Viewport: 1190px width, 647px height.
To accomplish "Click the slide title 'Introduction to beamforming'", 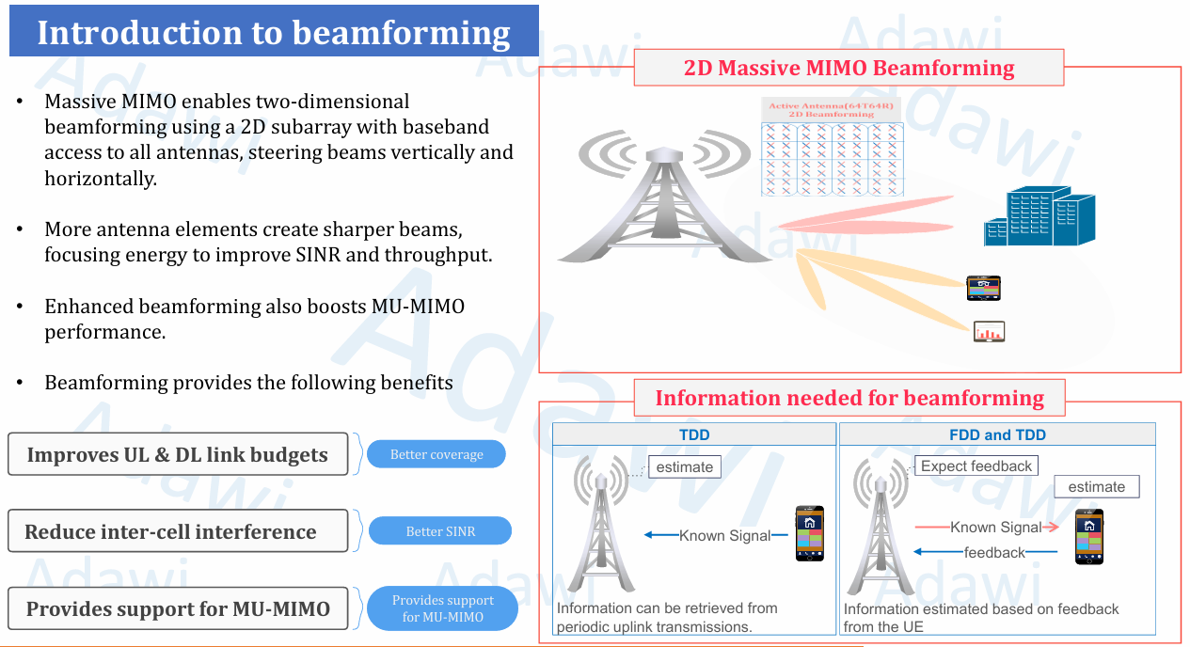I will (x=274, y=32).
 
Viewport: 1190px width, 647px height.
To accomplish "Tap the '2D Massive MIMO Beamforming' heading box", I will (x=849, y=69).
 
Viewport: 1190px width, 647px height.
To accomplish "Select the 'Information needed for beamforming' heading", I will (x=849, y=398).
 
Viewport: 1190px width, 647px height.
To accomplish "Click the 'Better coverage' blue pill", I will (x=436, y=454).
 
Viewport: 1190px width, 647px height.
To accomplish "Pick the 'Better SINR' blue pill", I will (x=440, y=531).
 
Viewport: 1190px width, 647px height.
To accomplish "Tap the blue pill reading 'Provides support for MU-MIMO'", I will (x=442, y=608).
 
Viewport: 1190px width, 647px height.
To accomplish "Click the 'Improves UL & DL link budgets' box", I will (x=177, y=455).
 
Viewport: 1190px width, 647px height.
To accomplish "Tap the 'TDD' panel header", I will (x=694, y=434).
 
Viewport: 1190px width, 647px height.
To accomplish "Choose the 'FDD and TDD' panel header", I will (x=997, y=434).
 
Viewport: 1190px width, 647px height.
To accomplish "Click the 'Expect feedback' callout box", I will (x=976, y=466).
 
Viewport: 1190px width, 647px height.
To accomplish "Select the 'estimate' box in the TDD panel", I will (x=684, y=466).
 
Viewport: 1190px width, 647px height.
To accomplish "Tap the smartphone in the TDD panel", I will (x=809, y=533).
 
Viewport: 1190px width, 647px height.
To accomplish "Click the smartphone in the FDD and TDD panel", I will (x=1089, y=536).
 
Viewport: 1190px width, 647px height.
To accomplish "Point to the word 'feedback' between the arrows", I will (x=994, y=552).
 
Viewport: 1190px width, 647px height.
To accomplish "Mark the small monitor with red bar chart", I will (x=989, y=331).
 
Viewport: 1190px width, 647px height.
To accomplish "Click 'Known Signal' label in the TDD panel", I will (x=724, y=535).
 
